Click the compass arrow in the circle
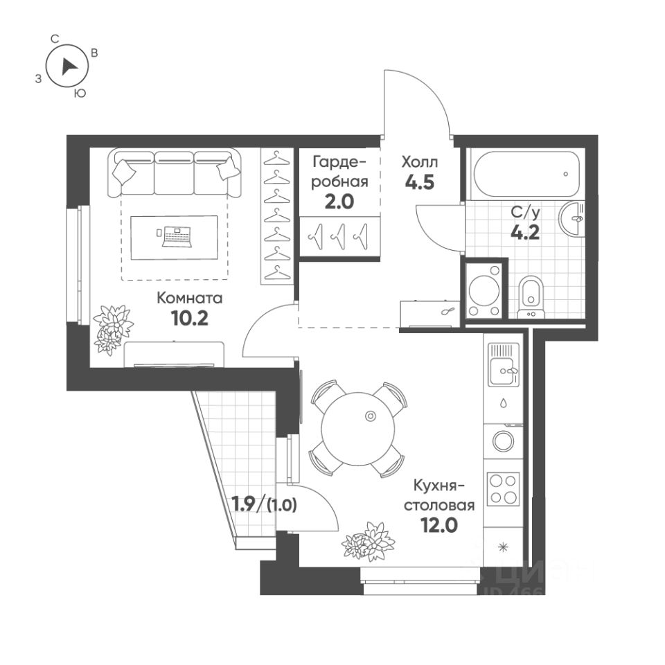click(x=68, y=66)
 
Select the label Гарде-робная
click(x=339, y=172)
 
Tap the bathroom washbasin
click(x=573, y=218)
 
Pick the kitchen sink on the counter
click(x=504, y=371)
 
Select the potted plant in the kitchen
click(x=368, y=541)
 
